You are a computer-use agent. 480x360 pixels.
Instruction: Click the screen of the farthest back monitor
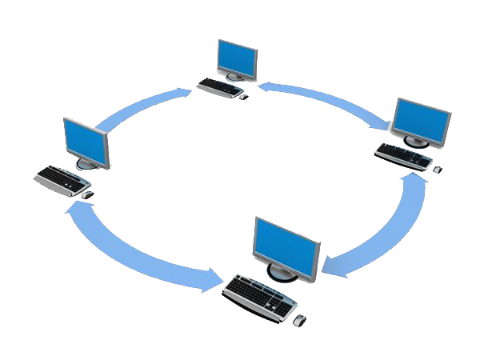pos(238,57)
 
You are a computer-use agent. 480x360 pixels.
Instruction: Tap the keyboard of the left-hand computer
pos(62,178)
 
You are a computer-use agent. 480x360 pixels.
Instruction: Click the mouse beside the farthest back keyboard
pos(244,97)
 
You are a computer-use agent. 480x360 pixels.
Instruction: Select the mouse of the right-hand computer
pos(438,169)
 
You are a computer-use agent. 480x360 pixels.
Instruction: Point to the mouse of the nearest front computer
pos(298,320)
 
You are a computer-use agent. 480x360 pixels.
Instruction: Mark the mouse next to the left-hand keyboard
pos(87,194)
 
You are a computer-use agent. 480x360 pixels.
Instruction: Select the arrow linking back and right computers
pos(328,98)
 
